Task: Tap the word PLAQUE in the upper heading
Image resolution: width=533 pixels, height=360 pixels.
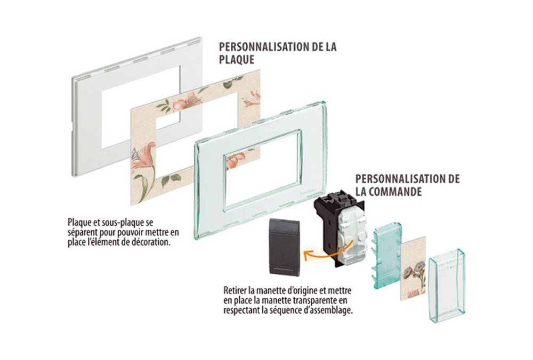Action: tap(237, 60)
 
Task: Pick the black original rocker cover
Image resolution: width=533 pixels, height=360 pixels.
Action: tap(284, 247)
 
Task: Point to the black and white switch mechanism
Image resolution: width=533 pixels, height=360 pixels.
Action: tap(341, 227)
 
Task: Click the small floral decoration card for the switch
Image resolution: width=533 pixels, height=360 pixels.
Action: tap(413, 268)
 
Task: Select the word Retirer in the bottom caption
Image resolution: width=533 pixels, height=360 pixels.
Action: tap(235, 291)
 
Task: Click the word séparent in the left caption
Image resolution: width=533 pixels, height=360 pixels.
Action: tap(83, 233)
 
